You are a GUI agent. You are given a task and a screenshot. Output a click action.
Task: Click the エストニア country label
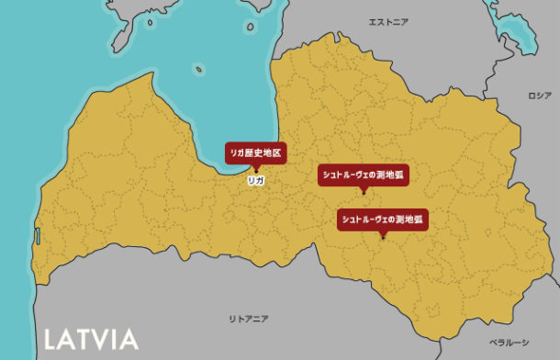387,21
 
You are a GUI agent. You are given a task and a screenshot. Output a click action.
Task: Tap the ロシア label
539,96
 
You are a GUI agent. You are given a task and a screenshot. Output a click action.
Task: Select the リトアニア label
249,318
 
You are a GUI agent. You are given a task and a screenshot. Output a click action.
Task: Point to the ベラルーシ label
509,342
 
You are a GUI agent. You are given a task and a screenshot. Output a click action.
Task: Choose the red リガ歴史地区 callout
254,152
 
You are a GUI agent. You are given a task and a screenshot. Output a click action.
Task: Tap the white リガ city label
256,180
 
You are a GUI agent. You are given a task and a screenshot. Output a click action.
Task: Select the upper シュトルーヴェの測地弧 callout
364,174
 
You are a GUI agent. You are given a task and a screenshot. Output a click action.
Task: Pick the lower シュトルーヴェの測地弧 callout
384,219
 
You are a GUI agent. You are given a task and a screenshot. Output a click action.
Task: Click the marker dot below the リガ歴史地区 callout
255,169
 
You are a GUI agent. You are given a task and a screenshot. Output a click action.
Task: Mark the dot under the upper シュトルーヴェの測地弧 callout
364,191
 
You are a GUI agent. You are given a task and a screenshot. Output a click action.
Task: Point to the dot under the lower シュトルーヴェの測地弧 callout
384,237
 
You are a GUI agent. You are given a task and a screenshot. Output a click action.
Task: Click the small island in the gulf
198,67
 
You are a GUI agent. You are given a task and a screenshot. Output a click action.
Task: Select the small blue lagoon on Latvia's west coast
38,236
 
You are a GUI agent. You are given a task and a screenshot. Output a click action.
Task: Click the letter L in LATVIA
51,339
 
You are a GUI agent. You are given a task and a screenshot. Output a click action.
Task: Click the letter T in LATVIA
84,339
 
